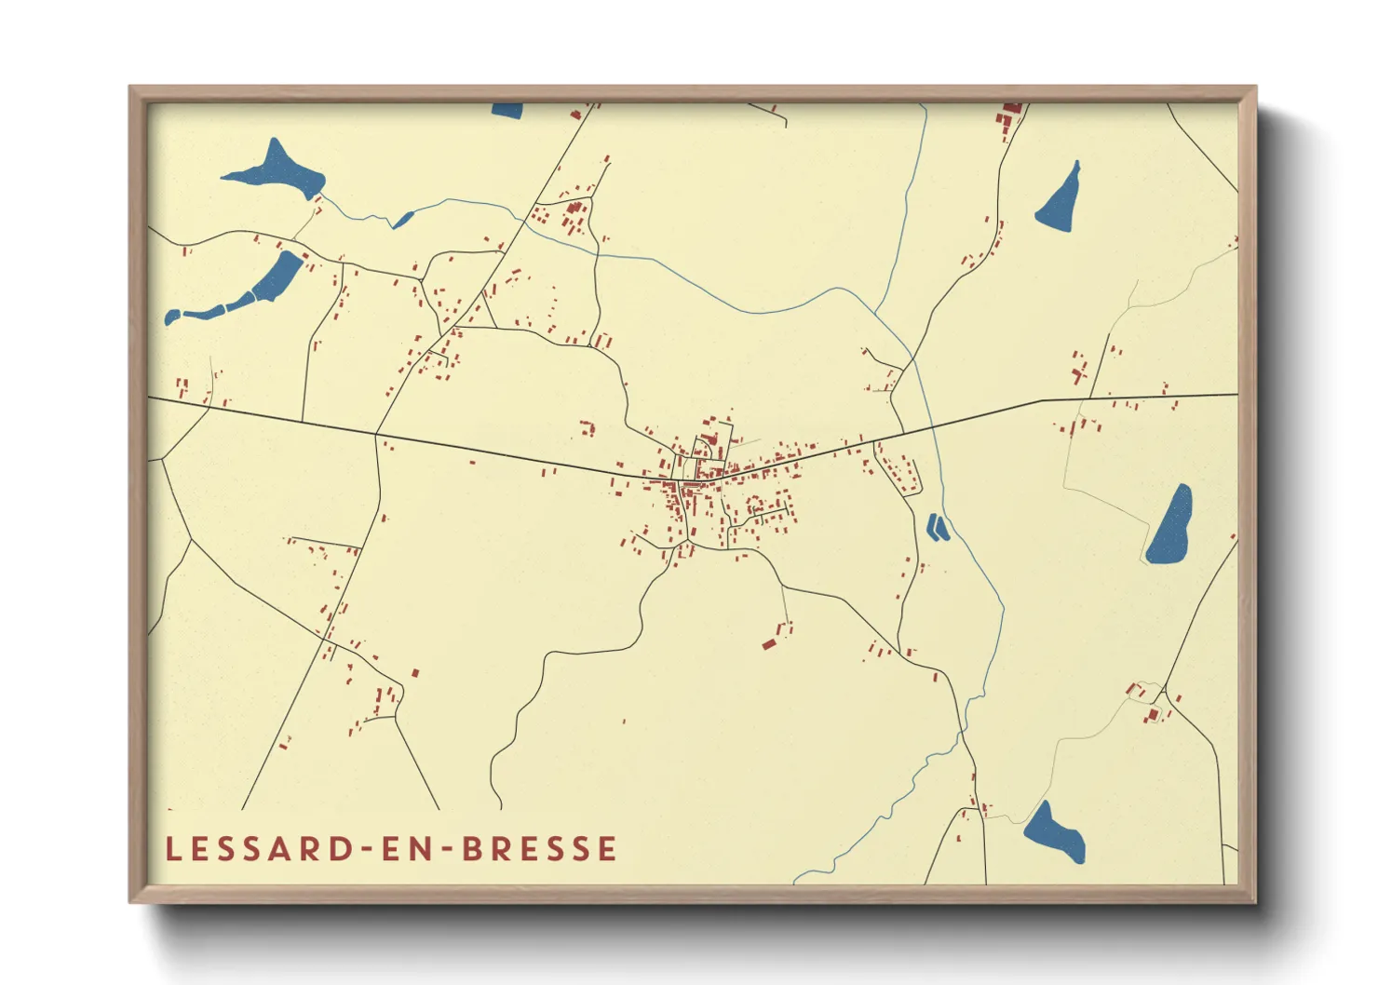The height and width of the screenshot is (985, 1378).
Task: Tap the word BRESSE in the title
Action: (540, 849)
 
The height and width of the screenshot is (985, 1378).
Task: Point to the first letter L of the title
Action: (172, 849)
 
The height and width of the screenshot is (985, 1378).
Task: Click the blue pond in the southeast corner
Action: (1055, 831)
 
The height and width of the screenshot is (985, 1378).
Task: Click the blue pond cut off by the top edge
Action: (507, 110)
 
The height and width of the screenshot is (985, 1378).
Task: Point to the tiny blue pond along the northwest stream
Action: (403, 220)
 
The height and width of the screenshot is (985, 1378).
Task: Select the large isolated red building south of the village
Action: (769, 643)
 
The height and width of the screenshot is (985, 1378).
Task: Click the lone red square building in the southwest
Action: (415, 672)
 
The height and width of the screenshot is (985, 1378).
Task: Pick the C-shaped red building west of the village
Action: (588, 428)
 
